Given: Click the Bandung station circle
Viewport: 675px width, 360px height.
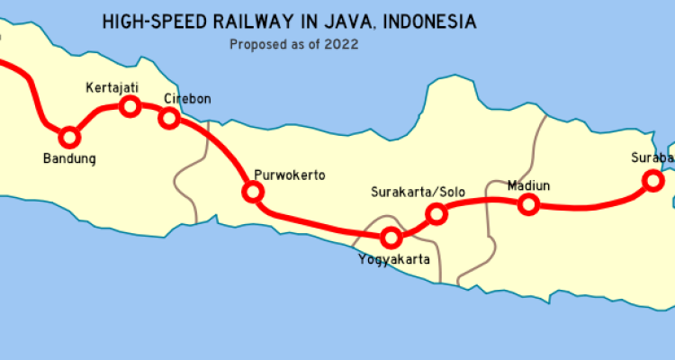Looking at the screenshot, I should pos(68,138).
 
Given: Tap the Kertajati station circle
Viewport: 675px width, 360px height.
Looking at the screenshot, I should pos(130,107).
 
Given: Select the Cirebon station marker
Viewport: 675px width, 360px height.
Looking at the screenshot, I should pos(168,117).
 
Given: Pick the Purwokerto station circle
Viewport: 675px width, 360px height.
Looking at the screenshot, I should pos(253,191).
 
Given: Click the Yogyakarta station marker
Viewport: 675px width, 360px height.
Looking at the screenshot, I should pos(391,238).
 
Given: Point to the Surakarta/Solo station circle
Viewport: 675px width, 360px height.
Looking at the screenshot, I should pos(436,213).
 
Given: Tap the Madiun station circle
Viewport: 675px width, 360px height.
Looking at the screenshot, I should pos(529,204).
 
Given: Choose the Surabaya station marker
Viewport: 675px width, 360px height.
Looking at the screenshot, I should pos(651,181).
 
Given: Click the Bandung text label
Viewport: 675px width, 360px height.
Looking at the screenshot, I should pos(69,159).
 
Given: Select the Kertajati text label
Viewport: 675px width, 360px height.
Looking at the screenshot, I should pos(112,87).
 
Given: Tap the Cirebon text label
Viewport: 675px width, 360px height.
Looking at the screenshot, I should pos(187,99).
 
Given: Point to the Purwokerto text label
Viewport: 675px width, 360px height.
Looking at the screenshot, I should pos(289,175).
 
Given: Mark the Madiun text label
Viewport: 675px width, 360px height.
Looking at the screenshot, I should pos(528,186).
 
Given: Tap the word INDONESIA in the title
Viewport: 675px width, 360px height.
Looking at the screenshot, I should pos(431,20).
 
